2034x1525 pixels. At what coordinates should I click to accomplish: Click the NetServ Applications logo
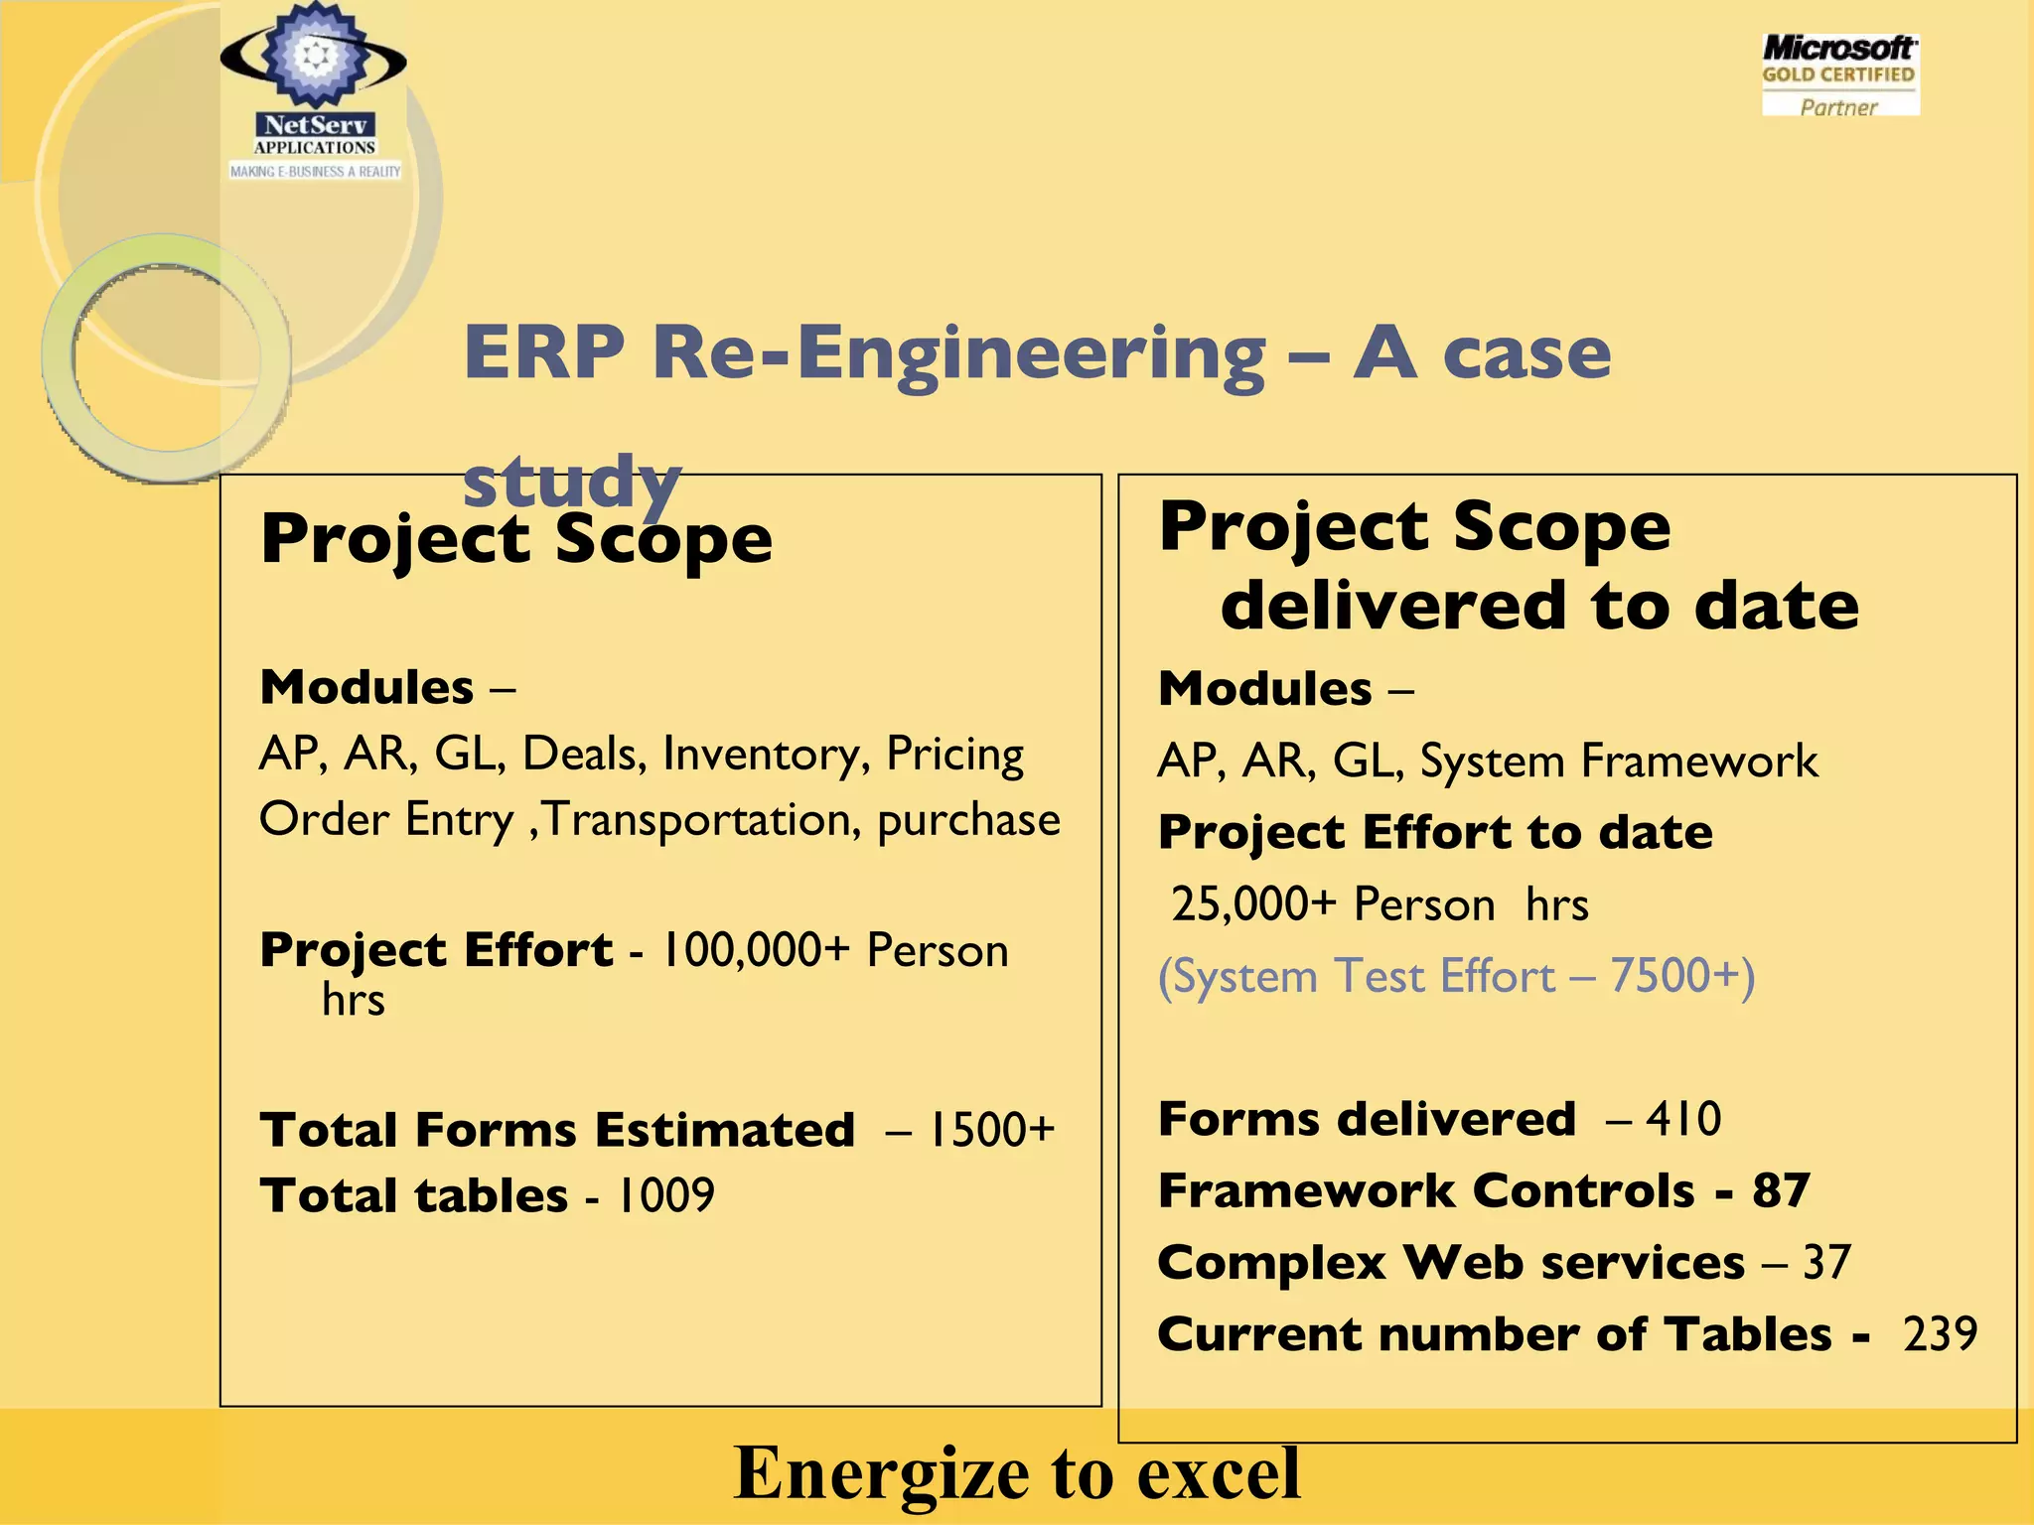click(314, 94)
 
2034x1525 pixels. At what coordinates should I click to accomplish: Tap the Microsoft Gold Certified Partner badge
click(1839, 75)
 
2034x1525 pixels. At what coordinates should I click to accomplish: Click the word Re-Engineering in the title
click(958, 354)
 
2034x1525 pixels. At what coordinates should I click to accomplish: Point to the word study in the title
click(572, 482)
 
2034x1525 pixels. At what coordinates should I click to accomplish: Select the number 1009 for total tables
click(665, 1195)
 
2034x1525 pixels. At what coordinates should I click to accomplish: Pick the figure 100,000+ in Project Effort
click(756, 950)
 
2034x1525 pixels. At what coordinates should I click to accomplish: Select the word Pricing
click(954, 755)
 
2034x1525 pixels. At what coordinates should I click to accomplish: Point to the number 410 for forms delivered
click(1683, 1119)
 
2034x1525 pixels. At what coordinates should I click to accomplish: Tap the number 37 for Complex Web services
click(1826, 1263)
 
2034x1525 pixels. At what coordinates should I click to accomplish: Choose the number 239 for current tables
click(1940, 1334)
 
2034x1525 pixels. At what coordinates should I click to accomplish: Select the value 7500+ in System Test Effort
click(1674, 976)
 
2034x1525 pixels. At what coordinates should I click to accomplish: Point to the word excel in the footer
click(1219, 1473)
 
